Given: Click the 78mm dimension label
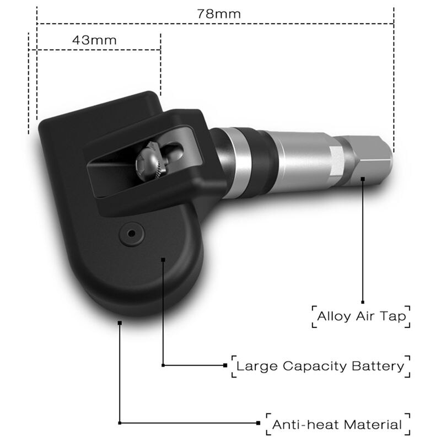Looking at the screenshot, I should pyautogui.click(x=219, y=14).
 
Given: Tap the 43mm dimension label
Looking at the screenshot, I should pyautogui.click(x=94, y=40).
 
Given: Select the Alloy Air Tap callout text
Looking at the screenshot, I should pyautogui.click(x=362, y=317).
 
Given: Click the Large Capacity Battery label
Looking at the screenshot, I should pyautogui.click(x=320, y=365).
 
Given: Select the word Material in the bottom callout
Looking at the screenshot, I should pyautogui.click(x=373, y=424).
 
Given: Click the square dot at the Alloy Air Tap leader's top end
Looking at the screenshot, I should pyautogui.click(x=363, y=179).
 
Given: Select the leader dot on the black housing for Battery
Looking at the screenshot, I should pyautogui.click(x=163, y=258).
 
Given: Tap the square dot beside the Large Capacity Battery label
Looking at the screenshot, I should pyautogui.click(x=225, y=365).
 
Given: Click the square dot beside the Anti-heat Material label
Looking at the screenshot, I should pyautogui.click(x=259, y=423).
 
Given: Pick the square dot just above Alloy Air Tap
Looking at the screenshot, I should pyautogui.click(x=363, y=302).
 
